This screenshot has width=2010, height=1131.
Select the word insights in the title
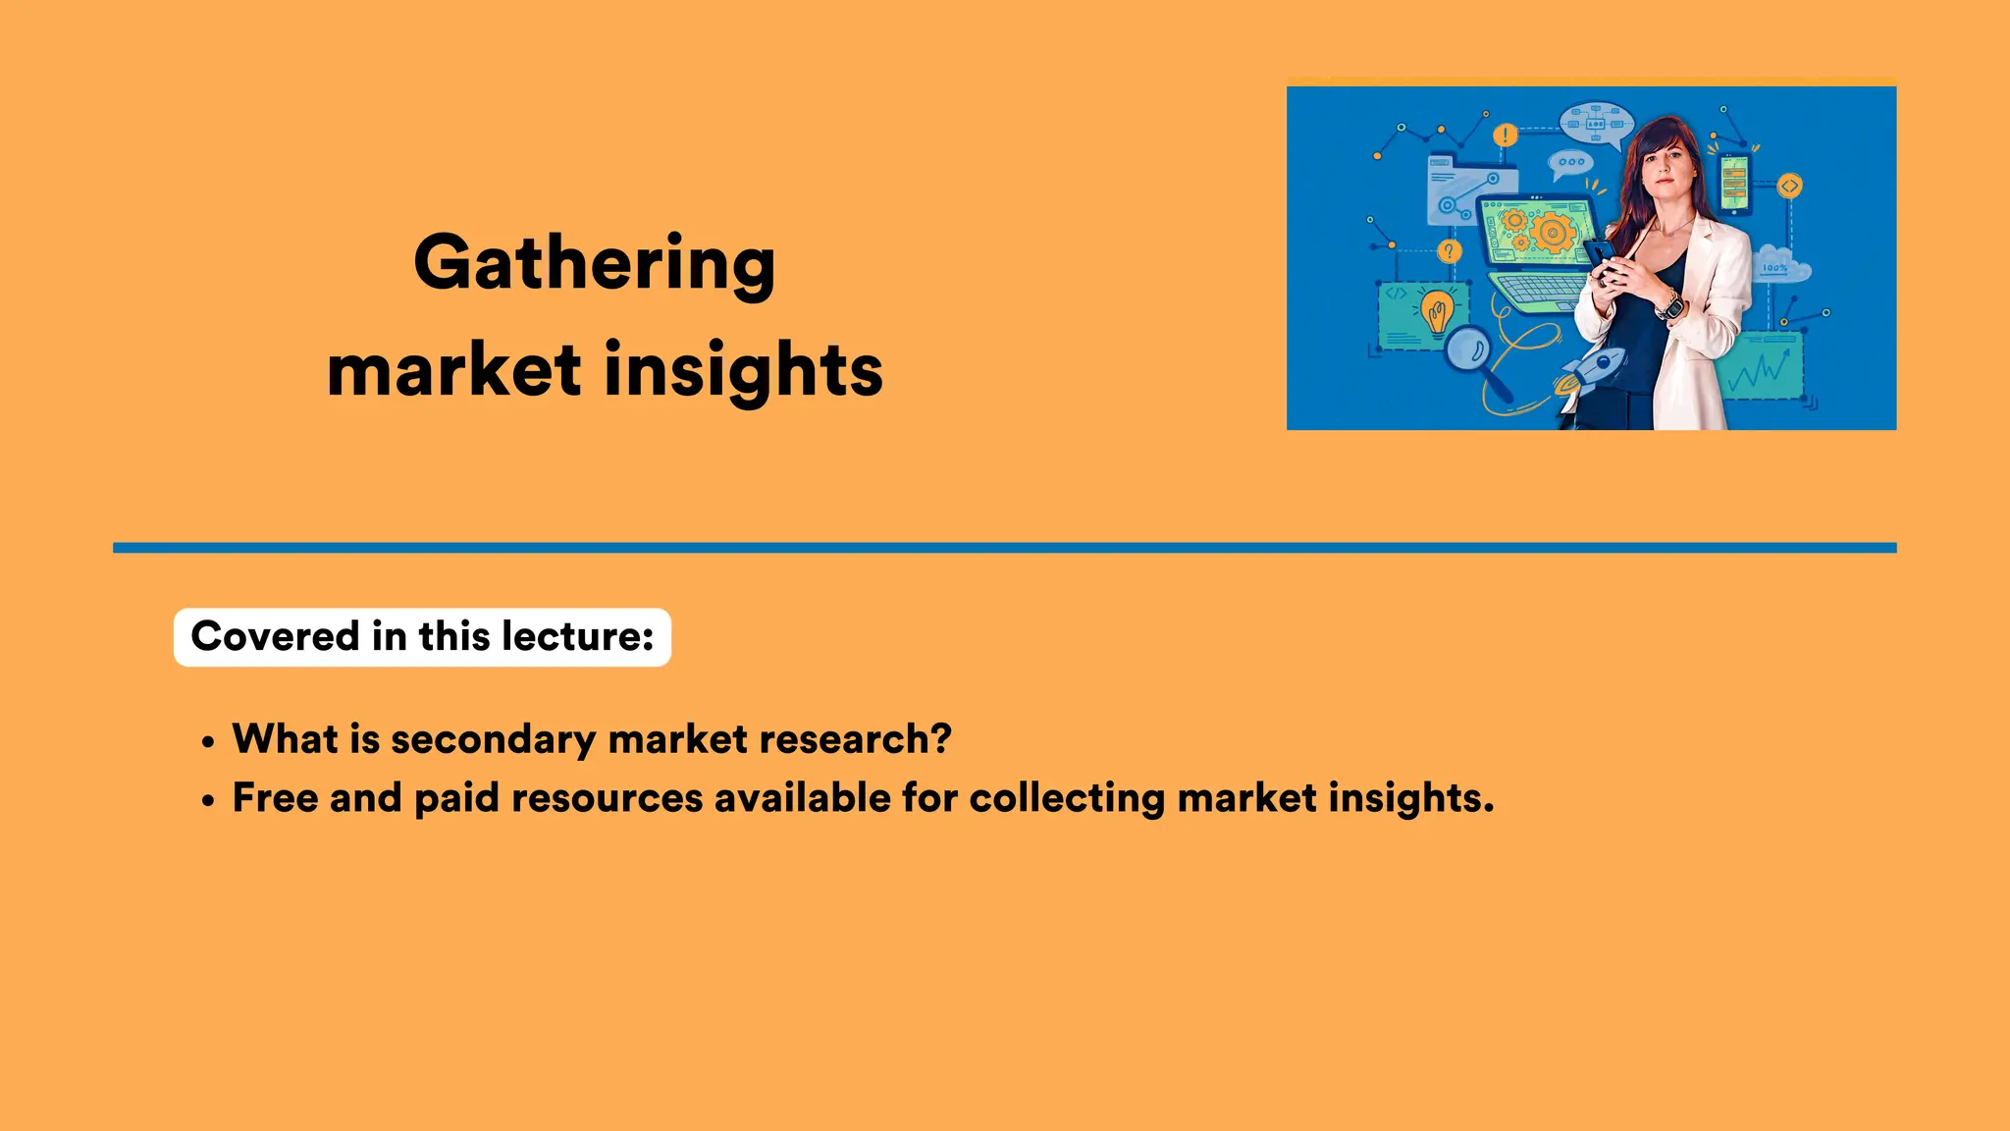(x=744, y=371)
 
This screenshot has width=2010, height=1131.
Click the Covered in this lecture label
(x=422, y=637)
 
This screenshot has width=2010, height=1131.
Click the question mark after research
(x=941, y=739)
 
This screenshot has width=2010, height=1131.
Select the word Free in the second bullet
(x=275, y=798)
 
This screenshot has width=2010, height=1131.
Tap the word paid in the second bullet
(x=456, y=798)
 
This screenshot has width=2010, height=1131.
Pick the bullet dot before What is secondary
(x=207, y=743)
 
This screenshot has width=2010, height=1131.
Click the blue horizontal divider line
(x=1004, y=548)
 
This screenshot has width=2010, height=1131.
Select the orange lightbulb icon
(x=1437, y=311)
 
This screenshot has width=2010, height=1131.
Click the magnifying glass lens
(x=1468, y=348)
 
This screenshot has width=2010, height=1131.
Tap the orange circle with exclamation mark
(x=1505, y=135)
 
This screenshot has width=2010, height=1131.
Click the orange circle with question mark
(x=1449, y=252)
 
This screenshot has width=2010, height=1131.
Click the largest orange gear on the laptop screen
(x=1552, y=233)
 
